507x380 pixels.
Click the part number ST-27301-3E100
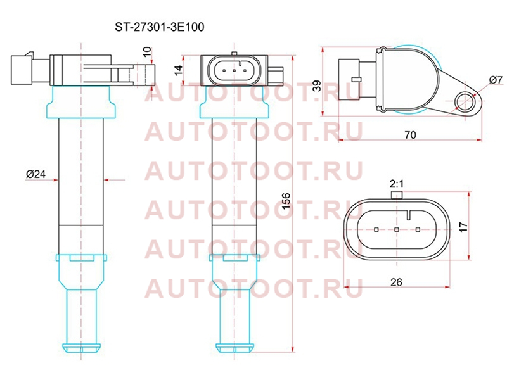pyautogui.click(x=160, y=27)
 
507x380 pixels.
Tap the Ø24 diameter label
pyautogui.click(x=36, y=174)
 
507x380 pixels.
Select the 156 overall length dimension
pyautogui.click(x=286, y=201)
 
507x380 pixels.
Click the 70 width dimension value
pyautogui.click(x=410, y=135)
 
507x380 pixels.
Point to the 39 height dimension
pyautogui.click(x=318, y=85)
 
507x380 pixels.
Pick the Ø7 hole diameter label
pyautogui.click(x=496, y=80)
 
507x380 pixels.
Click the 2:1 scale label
pyautogui.click(x=397, y=184)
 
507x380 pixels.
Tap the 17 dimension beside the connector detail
pyautogui.click(x=463, y=227)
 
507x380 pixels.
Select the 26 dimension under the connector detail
pyautogui.click(x=396, y=282)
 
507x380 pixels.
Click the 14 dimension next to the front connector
pyautogui.click(x=178, y=70)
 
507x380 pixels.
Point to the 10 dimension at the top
pyautogui.click(x=147, y=52)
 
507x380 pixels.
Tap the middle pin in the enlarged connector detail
pyautogui.click(x=397, y=229)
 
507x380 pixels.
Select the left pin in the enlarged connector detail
pyautogui.click(x=376, y=229)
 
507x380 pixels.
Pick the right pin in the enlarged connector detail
pyautogui.click(x=418, y=229)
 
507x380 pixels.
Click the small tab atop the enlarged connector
pyautogui.click(x=397, y=195)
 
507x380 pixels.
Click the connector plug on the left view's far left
pyautogui.click(x=22, y=70)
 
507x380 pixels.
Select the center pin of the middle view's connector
pyautogui.click(x=234, y=70)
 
